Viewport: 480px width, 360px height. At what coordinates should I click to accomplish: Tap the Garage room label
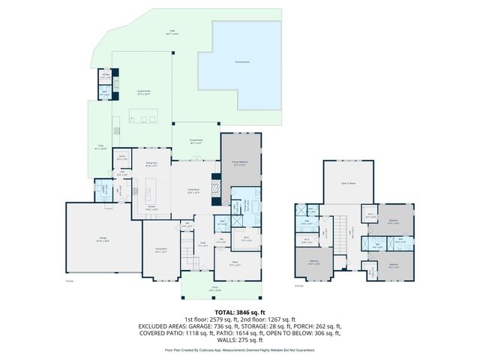[103, 239]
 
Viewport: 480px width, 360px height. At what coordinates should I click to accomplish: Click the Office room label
[234, 262]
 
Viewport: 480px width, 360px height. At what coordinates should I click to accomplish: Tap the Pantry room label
[122, 158]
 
